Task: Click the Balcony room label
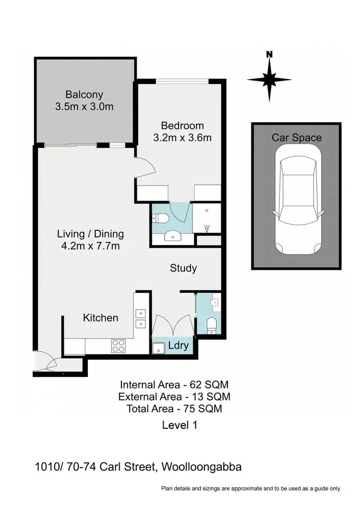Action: coord(84,94)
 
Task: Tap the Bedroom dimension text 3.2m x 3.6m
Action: coord(182,138)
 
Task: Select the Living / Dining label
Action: coord(90,234)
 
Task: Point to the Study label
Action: coord(183,268)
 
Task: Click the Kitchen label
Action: coord(100,318)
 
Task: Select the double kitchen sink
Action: coord(140,319)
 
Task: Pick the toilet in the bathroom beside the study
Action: coord(211,325)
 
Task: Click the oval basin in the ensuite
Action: coord(171,236)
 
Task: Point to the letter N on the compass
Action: coord(269,54)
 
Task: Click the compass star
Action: coord(269,80)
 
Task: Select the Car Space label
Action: coord(297,138)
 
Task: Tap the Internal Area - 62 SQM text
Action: coord(174,384)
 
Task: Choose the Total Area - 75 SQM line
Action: coord(174,409)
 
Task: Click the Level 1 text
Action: coord(180,425)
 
